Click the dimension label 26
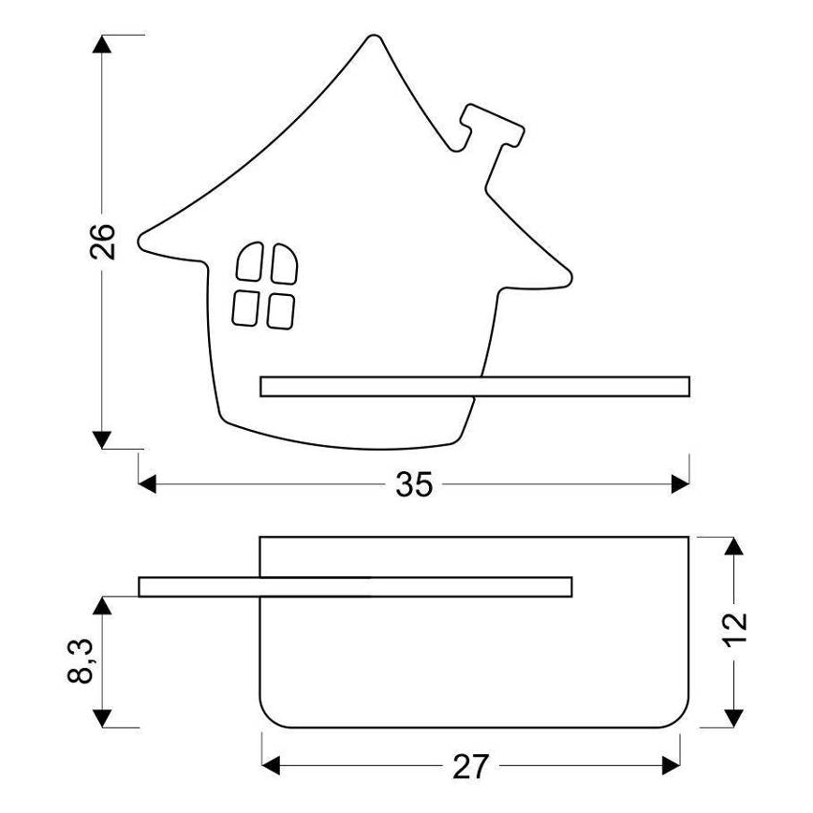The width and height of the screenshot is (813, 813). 104,241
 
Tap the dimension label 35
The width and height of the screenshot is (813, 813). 413,483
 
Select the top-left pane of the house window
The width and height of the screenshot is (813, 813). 249,263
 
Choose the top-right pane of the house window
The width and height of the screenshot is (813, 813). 283,262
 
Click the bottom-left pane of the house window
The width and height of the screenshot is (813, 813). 245,306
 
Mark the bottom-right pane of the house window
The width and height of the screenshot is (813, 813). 280,310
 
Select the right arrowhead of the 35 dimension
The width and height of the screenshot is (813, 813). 680,483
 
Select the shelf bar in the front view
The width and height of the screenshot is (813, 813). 474,386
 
